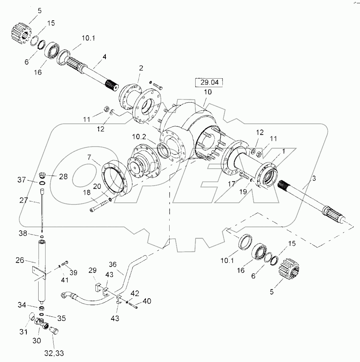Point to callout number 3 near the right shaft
(314, 178)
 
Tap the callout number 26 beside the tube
(20, 261)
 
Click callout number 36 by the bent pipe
(113, 264)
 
